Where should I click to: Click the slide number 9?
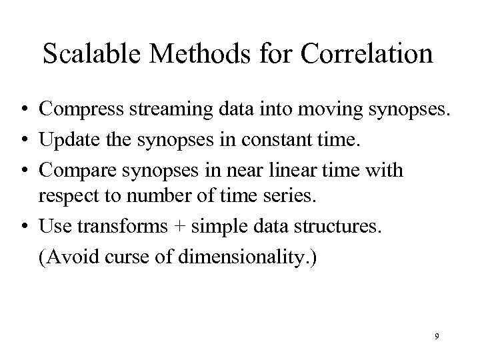click(437, 337)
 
